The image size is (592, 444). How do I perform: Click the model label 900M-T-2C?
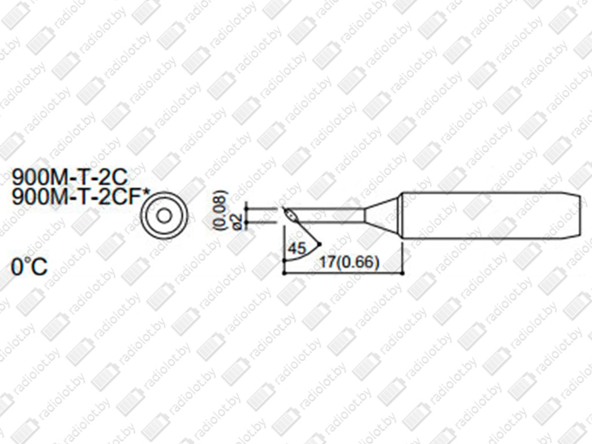tap(70, 177)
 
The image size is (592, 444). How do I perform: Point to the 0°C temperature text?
tap(29, 267)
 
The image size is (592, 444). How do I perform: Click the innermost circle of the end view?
tap(164, 216)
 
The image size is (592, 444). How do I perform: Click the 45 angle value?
tap(297, 249)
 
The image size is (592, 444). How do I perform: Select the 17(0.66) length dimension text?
tap(349, 262)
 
